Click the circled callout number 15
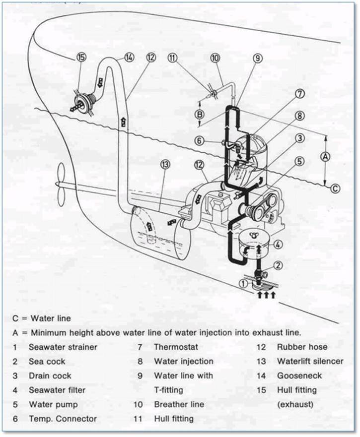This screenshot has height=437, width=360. (81, 57)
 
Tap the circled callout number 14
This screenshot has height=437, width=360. (129, 57)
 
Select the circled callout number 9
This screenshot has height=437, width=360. (257, 58)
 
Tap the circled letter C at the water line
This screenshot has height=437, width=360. (336, 188)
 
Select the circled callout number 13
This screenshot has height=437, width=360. (165, 164)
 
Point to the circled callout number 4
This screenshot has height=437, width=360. (279, 244)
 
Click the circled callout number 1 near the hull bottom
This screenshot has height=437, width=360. (243, 284)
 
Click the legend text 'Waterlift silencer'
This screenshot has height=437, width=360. (309, 361)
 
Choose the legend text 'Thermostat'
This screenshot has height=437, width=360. (176, 347)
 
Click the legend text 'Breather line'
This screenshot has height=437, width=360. (179, 404)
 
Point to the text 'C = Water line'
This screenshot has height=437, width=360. (42, 318)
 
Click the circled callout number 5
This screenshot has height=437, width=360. (299, 161)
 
